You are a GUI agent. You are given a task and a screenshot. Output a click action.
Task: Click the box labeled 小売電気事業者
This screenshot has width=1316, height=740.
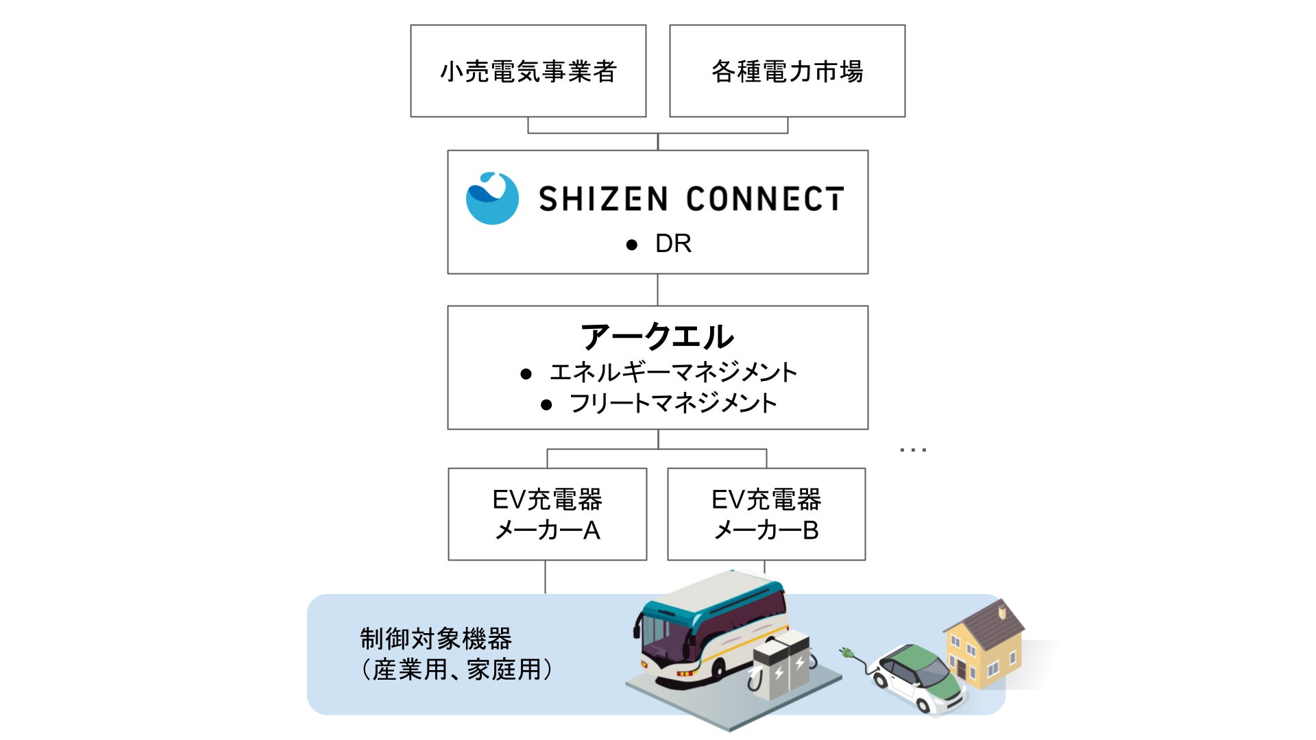click(x=528, y=71)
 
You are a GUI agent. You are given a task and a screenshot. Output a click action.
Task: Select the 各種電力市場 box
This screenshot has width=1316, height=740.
click(x=787, y=71)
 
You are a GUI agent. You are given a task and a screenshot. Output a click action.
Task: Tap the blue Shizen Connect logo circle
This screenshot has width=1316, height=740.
click(x=492, y=198)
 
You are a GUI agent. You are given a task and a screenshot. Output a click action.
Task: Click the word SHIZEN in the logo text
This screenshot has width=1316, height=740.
click(x=603, y=199)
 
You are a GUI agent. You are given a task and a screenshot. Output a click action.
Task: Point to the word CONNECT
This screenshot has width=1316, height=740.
click(x=765, y=199)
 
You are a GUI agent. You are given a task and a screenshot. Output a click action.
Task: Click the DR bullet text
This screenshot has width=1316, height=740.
click(x=672, y=244)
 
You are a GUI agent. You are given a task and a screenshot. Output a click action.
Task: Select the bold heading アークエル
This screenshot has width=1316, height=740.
click(x=657, y=336)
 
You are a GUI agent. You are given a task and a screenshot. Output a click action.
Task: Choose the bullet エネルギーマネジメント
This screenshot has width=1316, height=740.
click(x=672, y=372)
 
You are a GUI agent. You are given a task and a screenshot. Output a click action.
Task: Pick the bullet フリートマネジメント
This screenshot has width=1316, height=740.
click(x=672, y=403)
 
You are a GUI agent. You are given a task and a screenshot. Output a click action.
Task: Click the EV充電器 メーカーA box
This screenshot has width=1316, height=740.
click(x=547, y=515)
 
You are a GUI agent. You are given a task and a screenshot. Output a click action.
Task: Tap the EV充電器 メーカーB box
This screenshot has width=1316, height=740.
click(x=766, y=515)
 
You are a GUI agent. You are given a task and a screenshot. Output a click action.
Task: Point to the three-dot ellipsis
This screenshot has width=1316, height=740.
click(x=913, y=450)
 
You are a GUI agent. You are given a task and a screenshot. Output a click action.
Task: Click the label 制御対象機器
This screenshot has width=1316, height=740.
click(x=436, y=639)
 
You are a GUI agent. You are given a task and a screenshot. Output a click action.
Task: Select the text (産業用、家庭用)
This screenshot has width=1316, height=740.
click(x=456, y=669)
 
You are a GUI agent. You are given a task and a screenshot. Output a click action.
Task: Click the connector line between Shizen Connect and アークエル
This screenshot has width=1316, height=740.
click(x=658, y=290)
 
